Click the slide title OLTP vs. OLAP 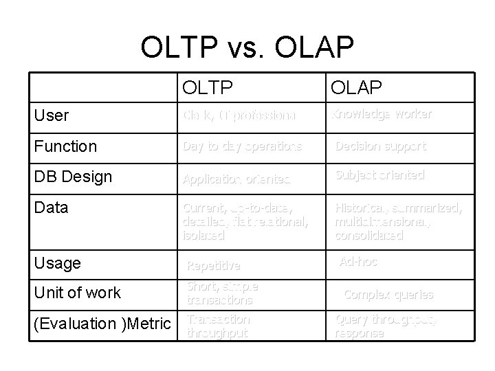point(247,47)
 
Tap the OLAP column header point(357,88)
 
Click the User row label point(52,115)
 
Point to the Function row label point(65,146)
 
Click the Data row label point(52,207)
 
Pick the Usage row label point(57,263)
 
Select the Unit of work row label point(77,293)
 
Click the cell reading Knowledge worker point(382,115)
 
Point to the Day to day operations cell point(241,146)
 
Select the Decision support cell point(380,146)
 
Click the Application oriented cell point(236,179)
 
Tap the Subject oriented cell point(379,175)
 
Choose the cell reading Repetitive point(214,265)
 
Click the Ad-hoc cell point(358,262)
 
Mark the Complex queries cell point(388,295)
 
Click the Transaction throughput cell point(219,326)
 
